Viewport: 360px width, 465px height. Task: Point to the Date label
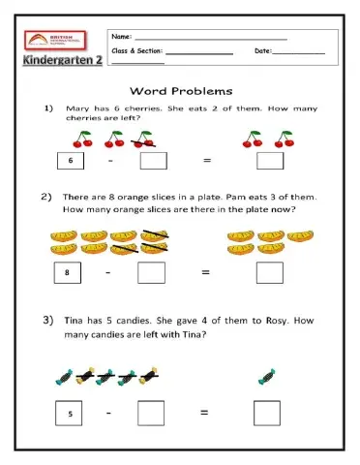point(263,50)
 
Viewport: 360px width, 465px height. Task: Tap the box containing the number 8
point(67,274)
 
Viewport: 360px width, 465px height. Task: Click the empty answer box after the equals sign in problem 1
point(270,161)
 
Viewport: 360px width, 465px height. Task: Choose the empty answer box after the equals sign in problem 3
point(267,414)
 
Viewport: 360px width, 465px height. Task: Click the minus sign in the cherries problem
point(109,161)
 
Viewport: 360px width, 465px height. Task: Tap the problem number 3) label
point(46,320)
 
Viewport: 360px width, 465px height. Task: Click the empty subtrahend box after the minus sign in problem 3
point(151,414)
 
